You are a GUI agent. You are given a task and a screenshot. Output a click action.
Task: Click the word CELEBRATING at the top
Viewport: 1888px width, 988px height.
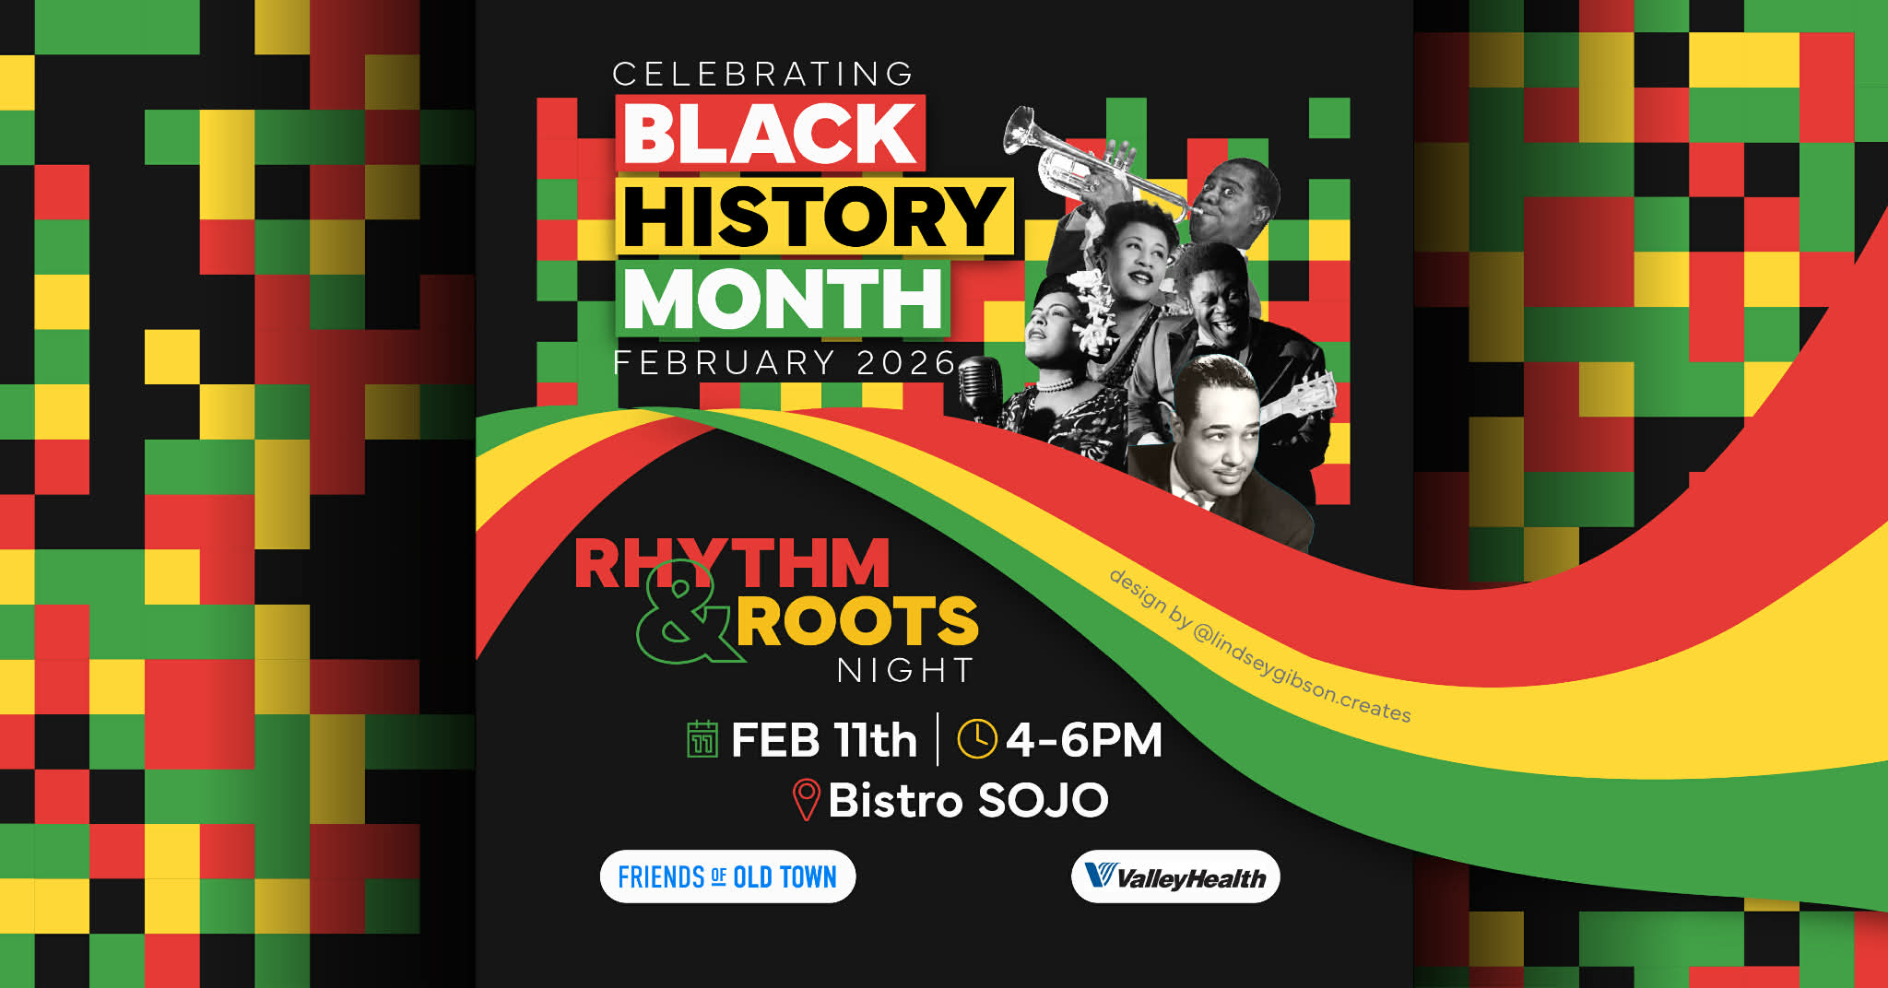pos(762,75)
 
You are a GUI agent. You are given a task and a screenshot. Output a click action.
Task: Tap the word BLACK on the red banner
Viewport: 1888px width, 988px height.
pos(771,133)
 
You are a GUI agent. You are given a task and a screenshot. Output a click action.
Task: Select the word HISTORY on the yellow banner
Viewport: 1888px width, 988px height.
pos(814,217)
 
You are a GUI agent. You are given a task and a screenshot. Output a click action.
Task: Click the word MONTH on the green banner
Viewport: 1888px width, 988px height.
pos(783,299)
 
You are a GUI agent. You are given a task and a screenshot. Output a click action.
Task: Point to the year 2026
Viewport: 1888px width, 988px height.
pos(906,363)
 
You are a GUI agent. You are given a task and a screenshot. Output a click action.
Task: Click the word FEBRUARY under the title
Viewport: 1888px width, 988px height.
pos(724,363)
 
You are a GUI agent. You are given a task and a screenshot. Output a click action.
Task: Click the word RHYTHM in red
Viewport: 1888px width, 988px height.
pos(732,563)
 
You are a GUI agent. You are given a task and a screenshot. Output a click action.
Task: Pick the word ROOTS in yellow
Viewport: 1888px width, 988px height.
pos(856,621)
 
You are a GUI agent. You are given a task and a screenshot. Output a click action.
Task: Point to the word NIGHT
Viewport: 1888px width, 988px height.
pos(905,670)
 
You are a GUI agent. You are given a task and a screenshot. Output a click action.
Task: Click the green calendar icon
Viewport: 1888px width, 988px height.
pos(702,739)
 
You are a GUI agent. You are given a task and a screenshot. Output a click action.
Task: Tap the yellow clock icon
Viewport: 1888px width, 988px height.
pos(977,739)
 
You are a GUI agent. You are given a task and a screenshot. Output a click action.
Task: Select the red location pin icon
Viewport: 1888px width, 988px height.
pos(806,800)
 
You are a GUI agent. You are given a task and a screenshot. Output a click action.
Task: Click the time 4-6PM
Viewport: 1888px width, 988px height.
pos(1084,740)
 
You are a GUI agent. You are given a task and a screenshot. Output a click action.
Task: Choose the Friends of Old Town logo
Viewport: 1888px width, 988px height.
pos(728,876)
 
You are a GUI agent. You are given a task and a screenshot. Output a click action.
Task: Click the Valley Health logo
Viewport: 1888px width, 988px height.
pos(1175,876)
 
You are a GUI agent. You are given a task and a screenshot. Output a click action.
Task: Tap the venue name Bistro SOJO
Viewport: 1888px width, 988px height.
pos(968,800)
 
